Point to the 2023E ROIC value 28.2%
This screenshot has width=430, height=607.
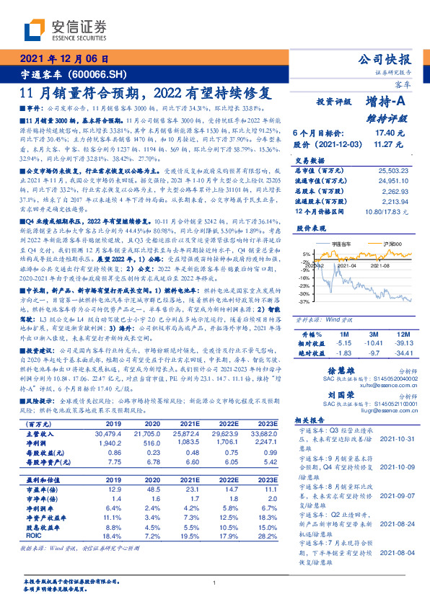point(266,536)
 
